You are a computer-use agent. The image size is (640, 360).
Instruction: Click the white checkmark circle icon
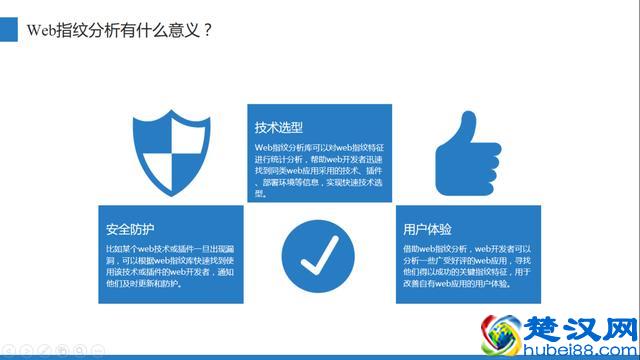319,255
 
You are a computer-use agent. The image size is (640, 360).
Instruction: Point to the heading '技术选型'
279,127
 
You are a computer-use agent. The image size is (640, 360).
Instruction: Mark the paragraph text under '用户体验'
465,265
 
